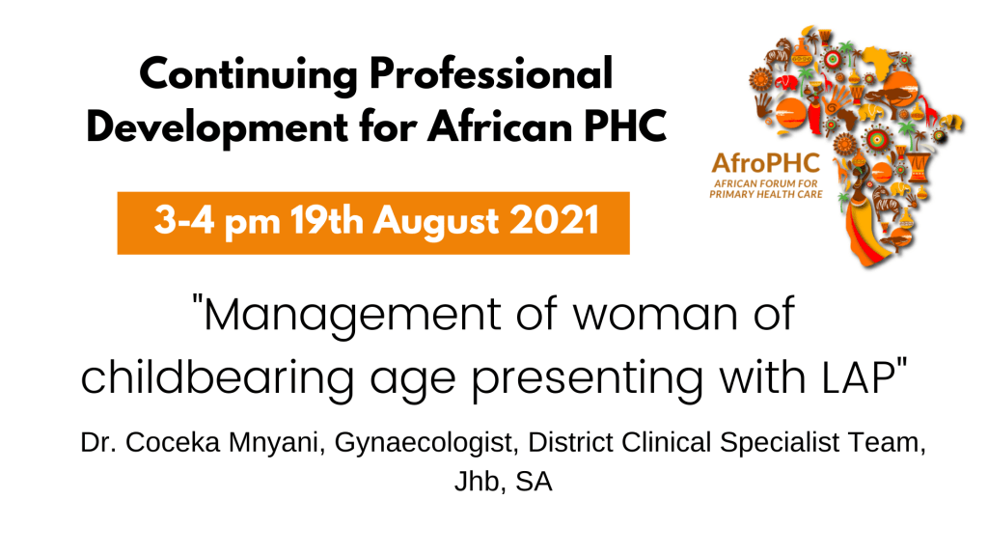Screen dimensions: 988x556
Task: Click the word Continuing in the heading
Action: click(x=249, y=75)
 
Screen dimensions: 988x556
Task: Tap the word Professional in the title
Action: click(x=491, y=73)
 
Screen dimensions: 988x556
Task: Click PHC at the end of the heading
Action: click(x=625, y=126)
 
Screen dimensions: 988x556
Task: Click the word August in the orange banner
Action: click(x=436, y=223)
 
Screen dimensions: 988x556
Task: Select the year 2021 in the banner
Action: click(x=554, y=221)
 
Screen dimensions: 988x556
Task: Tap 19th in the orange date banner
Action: click(x=326, y=221)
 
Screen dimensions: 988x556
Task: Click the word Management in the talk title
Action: click(x=352, y=316)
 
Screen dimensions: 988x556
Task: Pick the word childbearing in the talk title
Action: click(x=217, y=378)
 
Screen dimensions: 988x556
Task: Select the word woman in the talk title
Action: click(x=655, y=317)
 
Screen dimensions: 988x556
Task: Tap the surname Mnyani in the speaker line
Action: click(x=276, y=442)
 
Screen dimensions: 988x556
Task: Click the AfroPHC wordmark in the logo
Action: click(x=765, y=163)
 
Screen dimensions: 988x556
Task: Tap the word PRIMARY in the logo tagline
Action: click(x=731, y=194)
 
